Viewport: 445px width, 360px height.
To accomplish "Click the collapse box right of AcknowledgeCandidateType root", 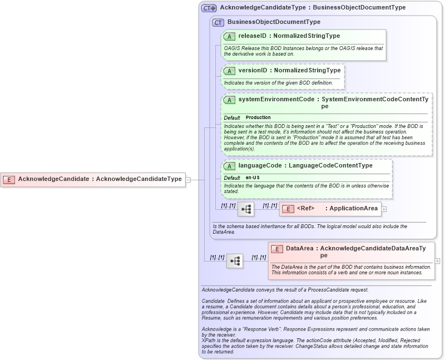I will tap(188, 180).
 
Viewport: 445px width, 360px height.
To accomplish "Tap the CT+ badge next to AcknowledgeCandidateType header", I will tap(209, 8).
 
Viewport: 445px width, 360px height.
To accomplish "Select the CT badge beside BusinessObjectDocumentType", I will tap(218, 22).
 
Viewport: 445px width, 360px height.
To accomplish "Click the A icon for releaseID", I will tap(229, 36).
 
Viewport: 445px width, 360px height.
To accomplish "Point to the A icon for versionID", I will tap(229, 71).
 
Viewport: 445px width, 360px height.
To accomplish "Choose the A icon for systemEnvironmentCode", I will tap(229, 100).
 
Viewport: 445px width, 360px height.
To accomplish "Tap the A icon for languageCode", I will tap(229, 166).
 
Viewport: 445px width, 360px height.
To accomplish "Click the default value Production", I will tap(258, 118).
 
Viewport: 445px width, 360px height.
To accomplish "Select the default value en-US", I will tap(253, 177).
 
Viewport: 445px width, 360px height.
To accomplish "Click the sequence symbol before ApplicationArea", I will tap(245, 209).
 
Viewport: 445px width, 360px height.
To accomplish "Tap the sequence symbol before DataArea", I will tap(234, 260).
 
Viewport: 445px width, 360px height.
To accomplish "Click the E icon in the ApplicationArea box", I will tap(288, 209).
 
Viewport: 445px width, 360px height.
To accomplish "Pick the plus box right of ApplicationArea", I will tap(384, 209).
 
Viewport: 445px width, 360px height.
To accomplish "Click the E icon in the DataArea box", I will tap(277, 249).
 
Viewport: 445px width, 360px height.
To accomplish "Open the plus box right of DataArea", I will tap(437, 260).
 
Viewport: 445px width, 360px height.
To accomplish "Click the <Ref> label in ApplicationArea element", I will tap(305, 209).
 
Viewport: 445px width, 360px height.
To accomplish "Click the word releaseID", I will tap(253, 36).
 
